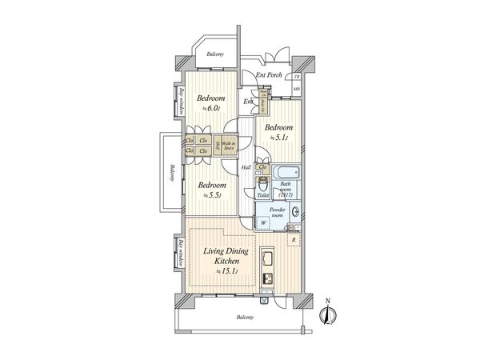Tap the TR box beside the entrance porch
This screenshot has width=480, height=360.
[296, 75]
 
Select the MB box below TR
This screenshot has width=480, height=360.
[296, 89]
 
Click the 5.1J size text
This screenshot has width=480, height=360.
[278, 138]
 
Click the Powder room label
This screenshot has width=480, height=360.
[277, 213]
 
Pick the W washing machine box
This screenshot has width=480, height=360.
[263, 223]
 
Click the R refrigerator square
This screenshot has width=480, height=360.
[294, 240]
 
